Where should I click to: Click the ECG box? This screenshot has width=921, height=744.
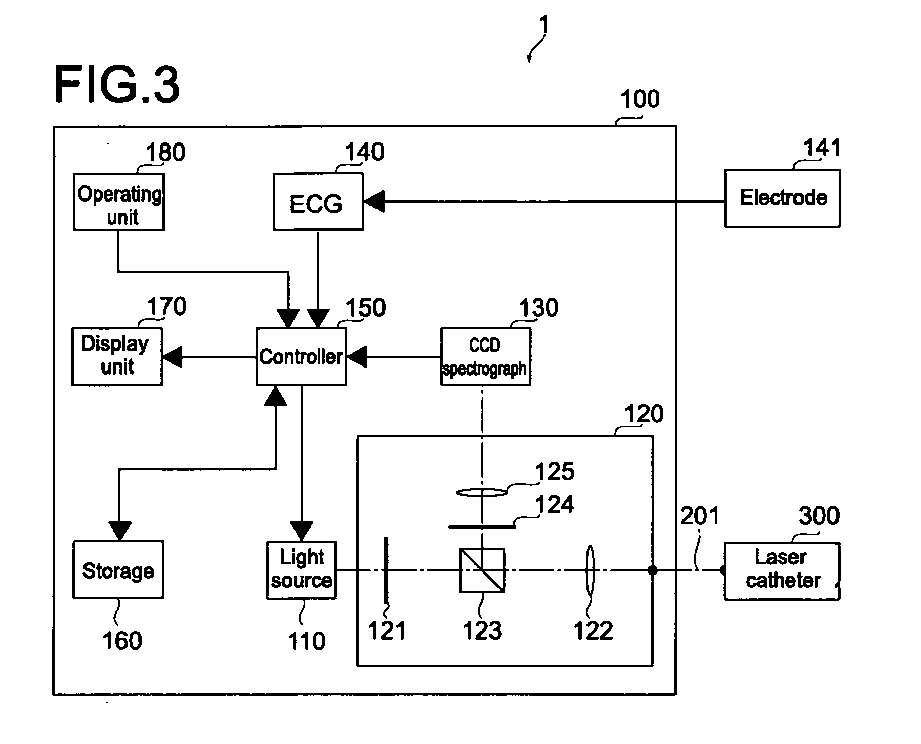pyautogui.click(x=318, y=201)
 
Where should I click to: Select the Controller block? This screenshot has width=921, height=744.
pyautogui.click(x=301, y=356)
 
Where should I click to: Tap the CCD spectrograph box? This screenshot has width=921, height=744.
pyautogui.click(x=486, y=356)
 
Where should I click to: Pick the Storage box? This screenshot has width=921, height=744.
pyautogui.click(x=118, y=570)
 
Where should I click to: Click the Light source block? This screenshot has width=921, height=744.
pyautogui.click(x=301, y=570)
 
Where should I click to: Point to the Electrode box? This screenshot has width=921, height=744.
pyautogui.click(x=782, y=198)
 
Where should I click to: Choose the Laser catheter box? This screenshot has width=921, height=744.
pyautogui.click(x=782, y=571)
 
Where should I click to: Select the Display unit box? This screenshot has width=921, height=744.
pyautogui.click(x=117, y=356)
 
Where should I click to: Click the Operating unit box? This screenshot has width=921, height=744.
pyautogui.click(x=119, y=201)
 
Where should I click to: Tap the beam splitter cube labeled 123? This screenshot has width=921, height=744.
pyautogui.click(x=482, y=570)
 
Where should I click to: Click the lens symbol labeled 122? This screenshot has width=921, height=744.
pyautogui.click(x=590, y=569)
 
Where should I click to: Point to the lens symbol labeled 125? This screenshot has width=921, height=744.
pyautogui.click(x=482, y=492)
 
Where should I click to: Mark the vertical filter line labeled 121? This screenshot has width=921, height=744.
pyautogui.click(x=386, y=570)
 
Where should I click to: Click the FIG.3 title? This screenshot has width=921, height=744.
pyautogui.click(x=117, y=85)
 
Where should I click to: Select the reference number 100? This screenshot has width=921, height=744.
pyautogui.click(x=640, y=99)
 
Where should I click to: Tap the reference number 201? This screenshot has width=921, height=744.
pyautogui.click(x=700, y=516)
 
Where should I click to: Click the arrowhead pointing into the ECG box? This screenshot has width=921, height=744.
pyautogui.click(x=374, y=201)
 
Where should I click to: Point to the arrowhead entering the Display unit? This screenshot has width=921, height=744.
pyautogui.click(x=172, y=356)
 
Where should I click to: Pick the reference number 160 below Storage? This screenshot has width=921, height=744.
pyautogui.click(x=122, y=640)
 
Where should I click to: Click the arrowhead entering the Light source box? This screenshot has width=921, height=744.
pyautogui.click(x=302, y=531)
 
